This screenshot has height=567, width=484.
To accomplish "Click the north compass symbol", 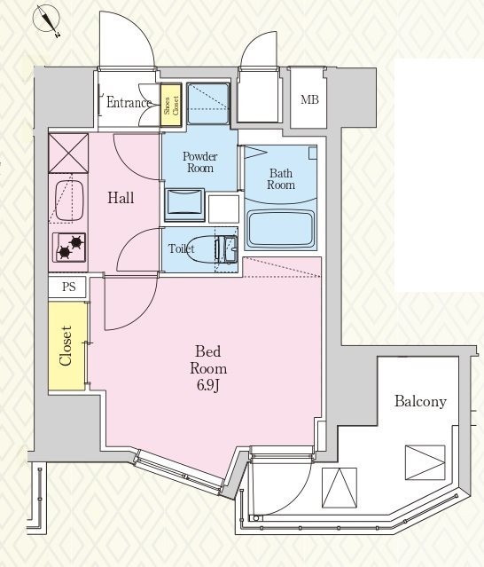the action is (x=46, y=20).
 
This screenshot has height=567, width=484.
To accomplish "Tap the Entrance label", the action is (x=129, y=103).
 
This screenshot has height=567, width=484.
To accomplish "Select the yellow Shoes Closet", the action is (x=171, y=106).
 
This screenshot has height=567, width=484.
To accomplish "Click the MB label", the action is (x=310, y=99).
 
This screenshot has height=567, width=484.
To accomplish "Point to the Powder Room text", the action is (x=199, y=162).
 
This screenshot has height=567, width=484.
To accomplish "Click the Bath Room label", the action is (x=281, y=179).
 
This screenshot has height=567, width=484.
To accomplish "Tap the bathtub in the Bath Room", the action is (x=281, y=229).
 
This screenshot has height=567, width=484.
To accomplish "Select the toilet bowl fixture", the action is (x=199, y=248).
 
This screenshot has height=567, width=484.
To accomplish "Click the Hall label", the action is (x=121, y=198).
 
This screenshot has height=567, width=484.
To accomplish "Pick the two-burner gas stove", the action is (x=70, y=248).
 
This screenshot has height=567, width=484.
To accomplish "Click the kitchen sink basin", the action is (x=70, y=201).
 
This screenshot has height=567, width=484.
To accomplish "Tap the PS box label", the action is (x=68, y=287).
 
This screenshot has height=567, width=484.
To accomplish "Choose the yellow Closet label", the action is (x=66, y=346).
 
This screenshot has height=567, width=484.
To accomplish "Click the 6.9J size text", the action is (x=208, y=386).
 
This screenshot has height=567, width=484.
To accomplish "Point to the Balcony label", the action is (x=420, y=401).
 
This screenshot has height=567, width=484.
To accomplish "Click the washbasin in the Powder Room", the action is (x=184, y=205).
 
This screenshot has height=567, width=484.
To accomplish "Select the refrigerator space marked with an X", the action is (x=68, y=154).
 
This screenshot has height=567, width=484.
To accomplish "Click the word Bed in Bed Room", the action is (x=208, y=351).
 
